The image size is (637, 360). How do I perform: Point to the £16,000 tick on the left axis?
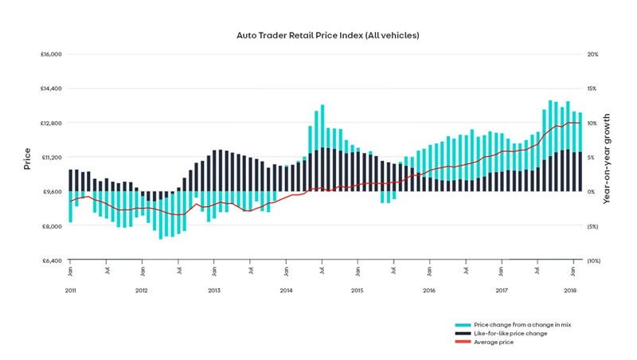pos(51,54)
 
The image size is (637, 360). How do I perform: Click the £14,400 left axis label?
pos(51,88)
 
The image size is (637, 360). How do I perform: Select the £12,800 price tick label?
pos(51,123)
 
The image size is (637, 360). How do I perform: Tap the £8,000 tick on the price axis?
pos(53,226)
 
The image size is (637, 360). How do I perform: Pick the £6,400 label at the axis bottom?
pos(53,260)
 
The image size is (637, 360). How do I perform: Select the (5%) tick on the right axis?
pos(593,226)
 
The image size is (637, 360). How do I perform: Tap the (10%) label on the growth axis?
pos(594,260)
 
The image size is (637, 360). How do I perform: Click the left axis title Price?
pos(27,158)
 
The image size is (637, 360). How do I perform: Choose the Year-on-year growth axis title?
pos(607,158)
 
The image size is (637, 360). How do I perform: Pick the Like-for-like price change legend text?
pos(510,334)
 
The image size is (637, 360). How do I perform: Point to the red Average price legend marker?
pos(462,342)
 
